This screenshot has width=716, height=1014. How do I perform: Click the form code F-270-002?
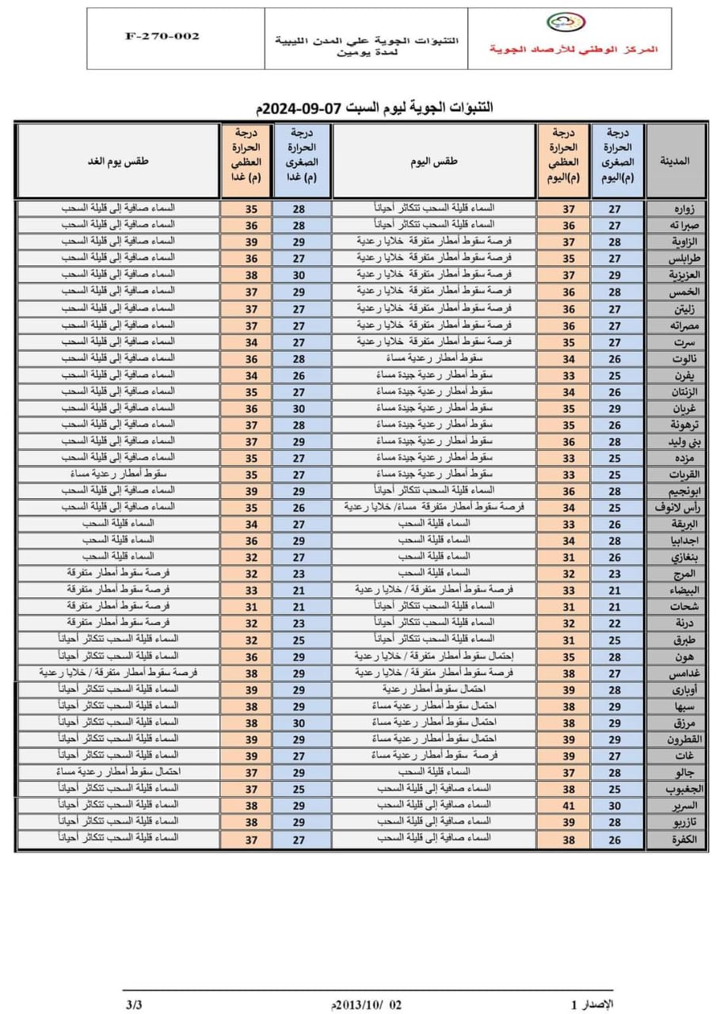(x=162, y=36)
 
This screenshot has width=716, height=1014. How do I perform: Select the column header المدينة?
(x=676, y=161)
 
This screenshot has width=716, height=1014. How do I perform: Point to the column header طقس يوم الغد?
(x=118, y=161)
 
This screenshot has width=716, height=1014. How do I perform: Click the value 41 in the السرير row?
(x=568, y=806)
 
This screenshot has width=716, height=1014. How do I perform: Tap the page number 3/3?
(x=134, y=1005)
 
